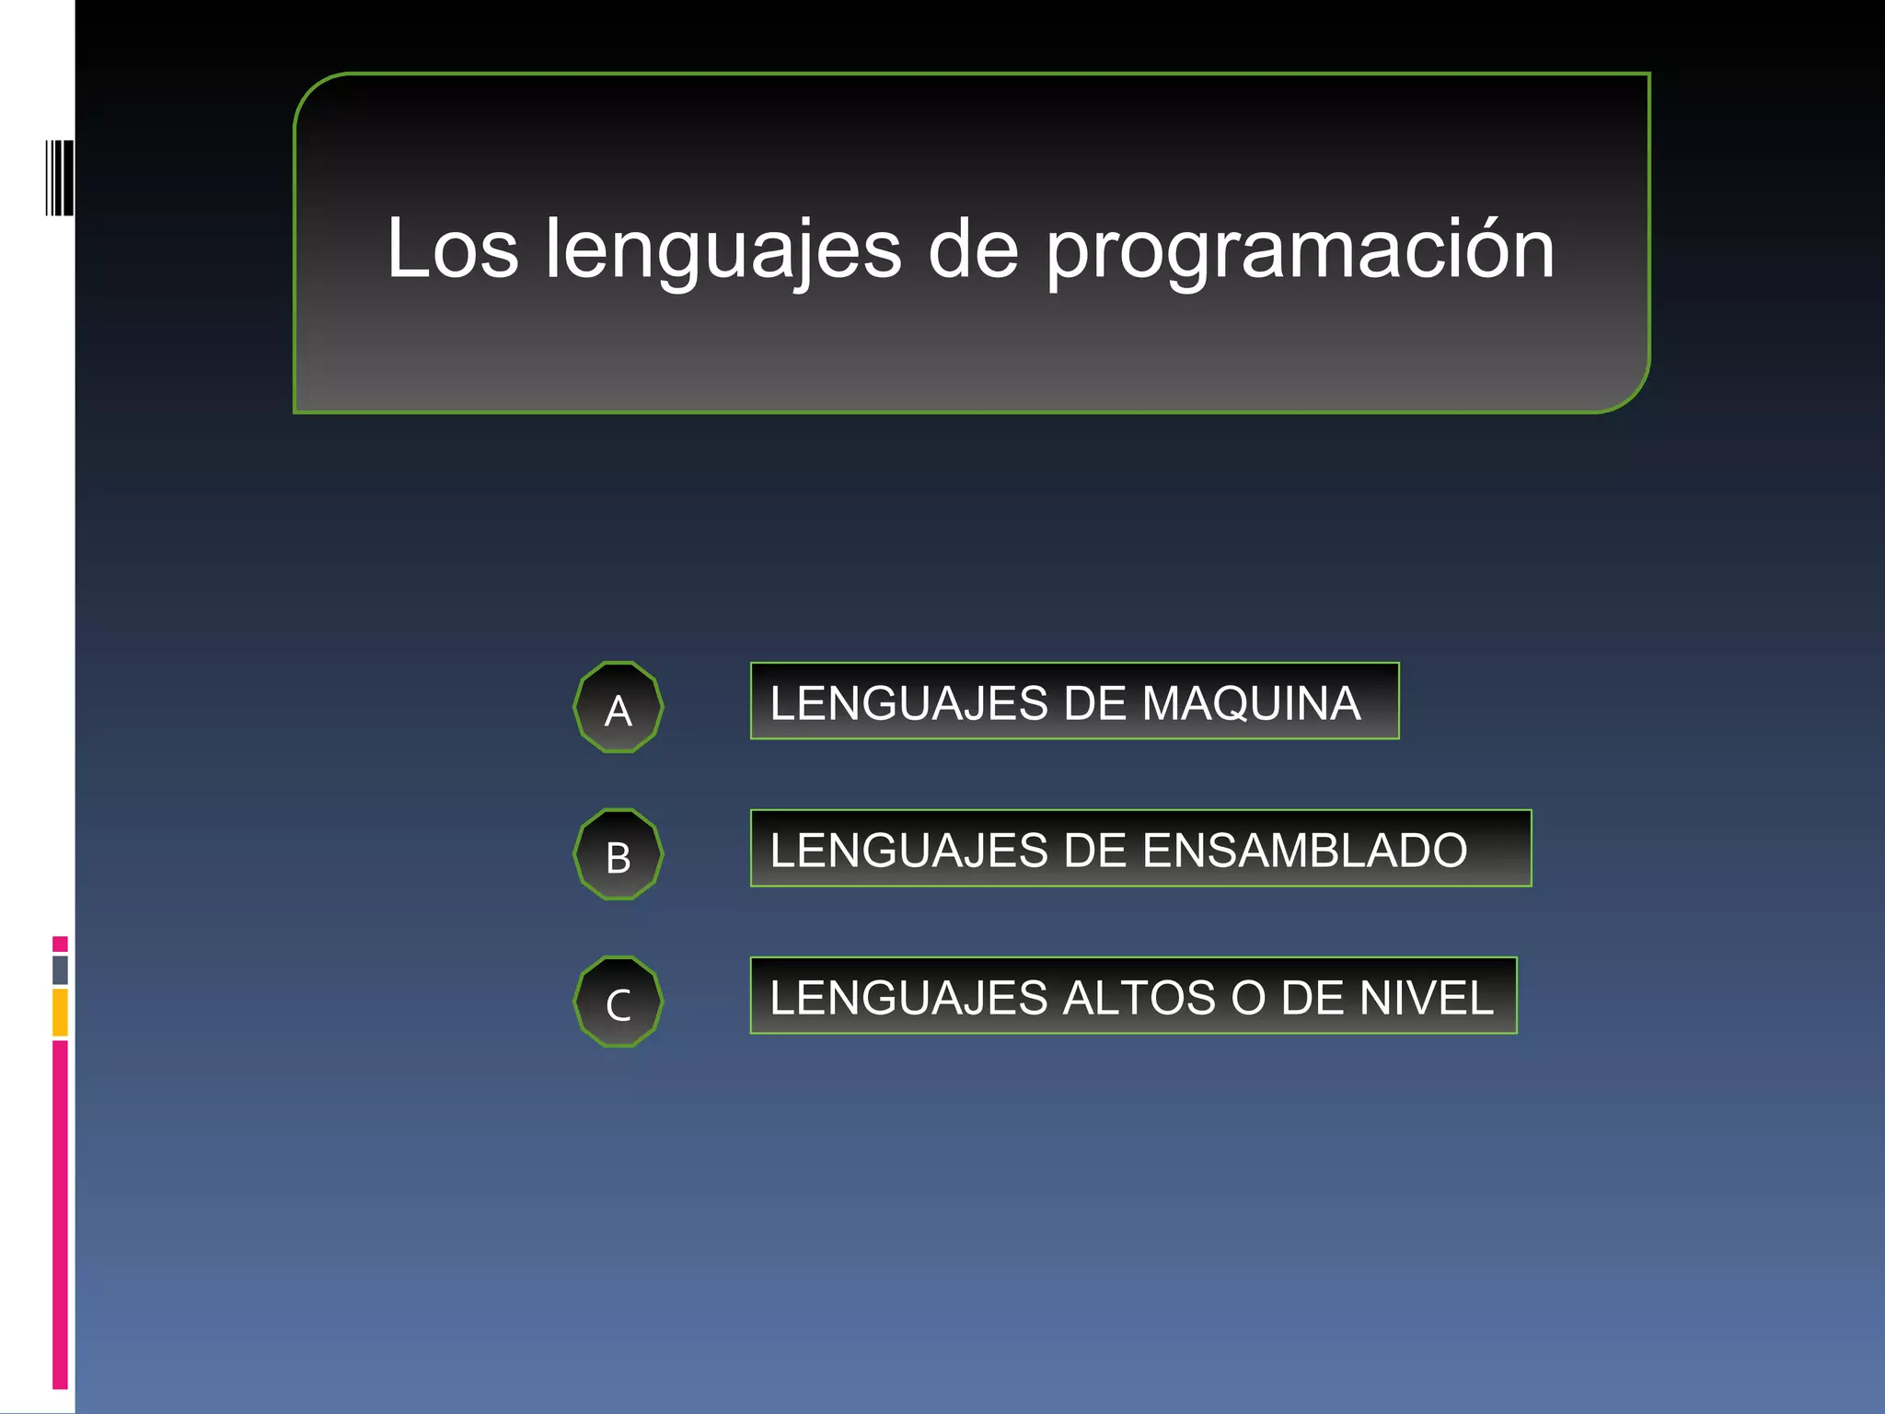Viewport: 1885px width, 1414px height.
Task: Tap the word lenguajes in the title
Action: (723, 250)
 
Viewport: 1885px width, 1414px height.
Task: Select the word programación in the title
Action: (1299, 250)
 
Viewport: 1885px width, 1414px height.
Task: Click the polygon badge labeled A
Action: (619, 708)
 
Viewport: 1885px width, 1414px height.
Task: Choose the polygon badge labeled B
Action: (619, 855)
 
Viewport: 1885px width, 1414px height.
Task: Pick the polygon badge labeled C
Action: (619, 1003)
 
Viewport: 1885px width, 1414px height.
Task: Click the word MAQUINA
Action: (1251, 703)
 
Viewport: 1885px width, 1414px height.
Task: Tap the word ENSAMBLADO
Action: (1304, 850)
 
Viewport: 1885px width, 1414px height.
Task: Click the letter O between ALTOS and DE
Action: (1248, 998)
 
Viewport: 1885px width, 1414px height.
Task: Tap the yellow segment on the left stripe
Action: (60, 1012)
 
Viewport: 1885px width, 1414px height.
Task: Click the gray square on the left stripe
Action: (60, 969)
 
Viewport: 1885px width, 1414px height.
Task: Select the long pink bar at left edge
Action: (60, 1213)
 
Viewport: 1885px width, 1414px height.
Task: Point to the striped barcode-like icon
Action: (60, 178)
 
